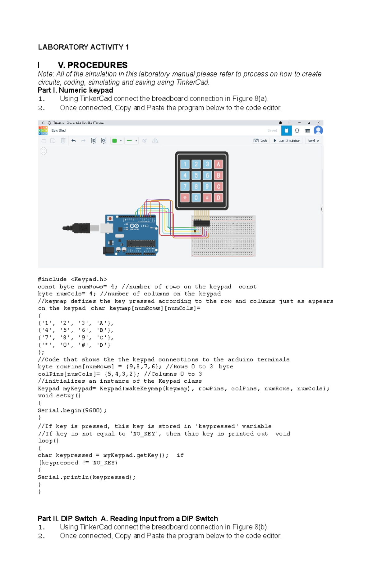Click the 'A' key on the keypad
click(218, 164)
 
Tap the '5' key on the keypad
click(196, 175)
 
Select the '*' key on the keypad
click(185, 198)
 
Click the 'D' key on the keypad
click(218, 198)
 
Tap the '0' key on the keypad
click(196, 198)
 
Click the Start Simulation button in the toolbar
click(286, 141)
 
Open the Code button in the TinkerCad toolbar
click(260, 141)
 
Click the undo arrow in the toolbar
click(74, 141)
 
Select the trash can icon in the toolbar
click(63, 141)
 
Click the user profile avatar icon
click(318, 130)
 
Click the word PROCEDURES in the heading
click(97, 65)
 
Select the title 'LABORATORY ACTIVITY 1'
click(83, 47)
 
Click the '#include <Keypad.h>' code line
click(72, 279)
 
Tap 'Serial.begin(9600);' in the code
click(72, 410)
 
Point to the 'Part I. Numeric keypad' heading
click(75, 90)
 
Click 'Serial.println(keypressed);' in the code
click(87, 477)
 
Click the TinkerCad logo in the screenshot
click(43, 131)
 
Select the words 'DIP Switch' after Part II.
click(79, 519)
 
